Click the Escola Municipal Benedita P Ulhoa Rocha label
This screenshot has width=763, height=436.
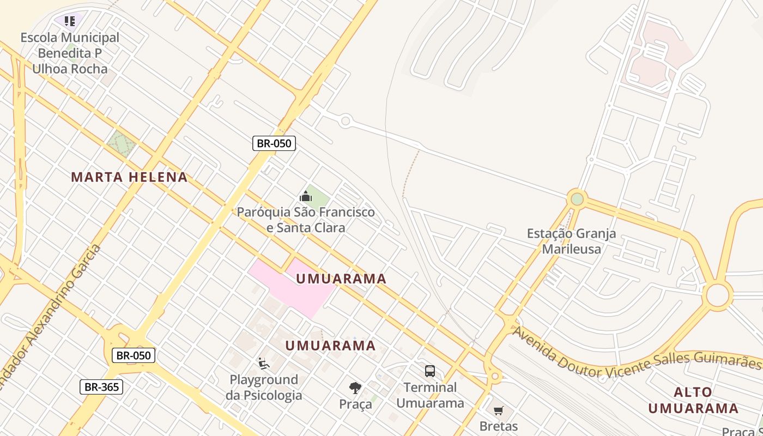click(x=70, y=53)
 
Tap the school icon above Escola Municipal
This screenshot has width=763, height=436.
click(x=69, y=21)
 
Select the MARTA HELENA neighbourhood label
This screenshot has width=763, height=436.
click(x=129, y=177)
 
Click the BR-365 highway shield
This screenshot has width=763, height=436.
click(x=101, y=387)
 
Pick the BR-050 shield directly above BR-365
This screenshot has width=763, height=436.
click(x=134, y=356)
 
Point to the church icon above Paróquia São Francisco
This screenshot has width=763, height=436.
click(x=306, y=196)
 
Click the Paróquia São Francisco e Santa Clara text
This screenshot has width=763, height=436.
click(x=306, y=220)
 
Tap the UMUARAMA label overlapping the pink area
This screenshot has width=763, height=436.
click(x=341, y=279)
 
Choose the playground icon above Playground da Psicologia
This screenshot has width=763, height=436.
click(x=263, y=363)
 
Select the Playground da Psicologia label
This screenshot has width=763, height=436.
click(x=264, y=387)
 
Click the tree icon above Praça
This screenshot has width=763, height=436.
click(x=355, y=388)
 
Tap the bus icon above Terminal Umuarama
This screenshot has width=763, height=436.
click(x=430, y=371)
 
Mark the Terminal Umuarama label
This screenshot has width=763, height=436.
click(x=430, y=395)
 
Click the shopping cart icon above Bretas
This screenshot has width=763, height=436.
click(x=498, y=410)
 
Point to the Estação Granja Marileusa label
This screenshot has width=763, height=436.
click(x=571, y=241)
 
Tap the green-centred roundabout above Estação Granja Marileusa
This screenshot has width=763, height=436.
click(x=577, y=199)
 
